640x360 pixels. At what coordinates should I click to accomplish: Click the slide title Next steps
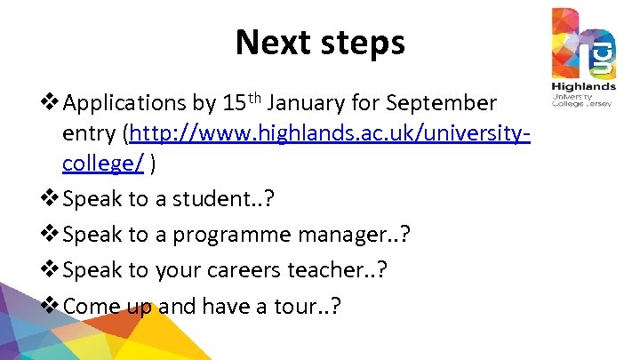319,42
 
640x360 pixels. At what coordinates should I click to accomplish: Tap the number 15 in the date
234,104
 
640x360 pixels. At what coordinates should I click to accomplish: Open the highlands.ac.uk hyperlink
330,134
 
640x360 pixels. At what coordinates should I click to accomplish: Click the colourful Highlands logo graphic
582,44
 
